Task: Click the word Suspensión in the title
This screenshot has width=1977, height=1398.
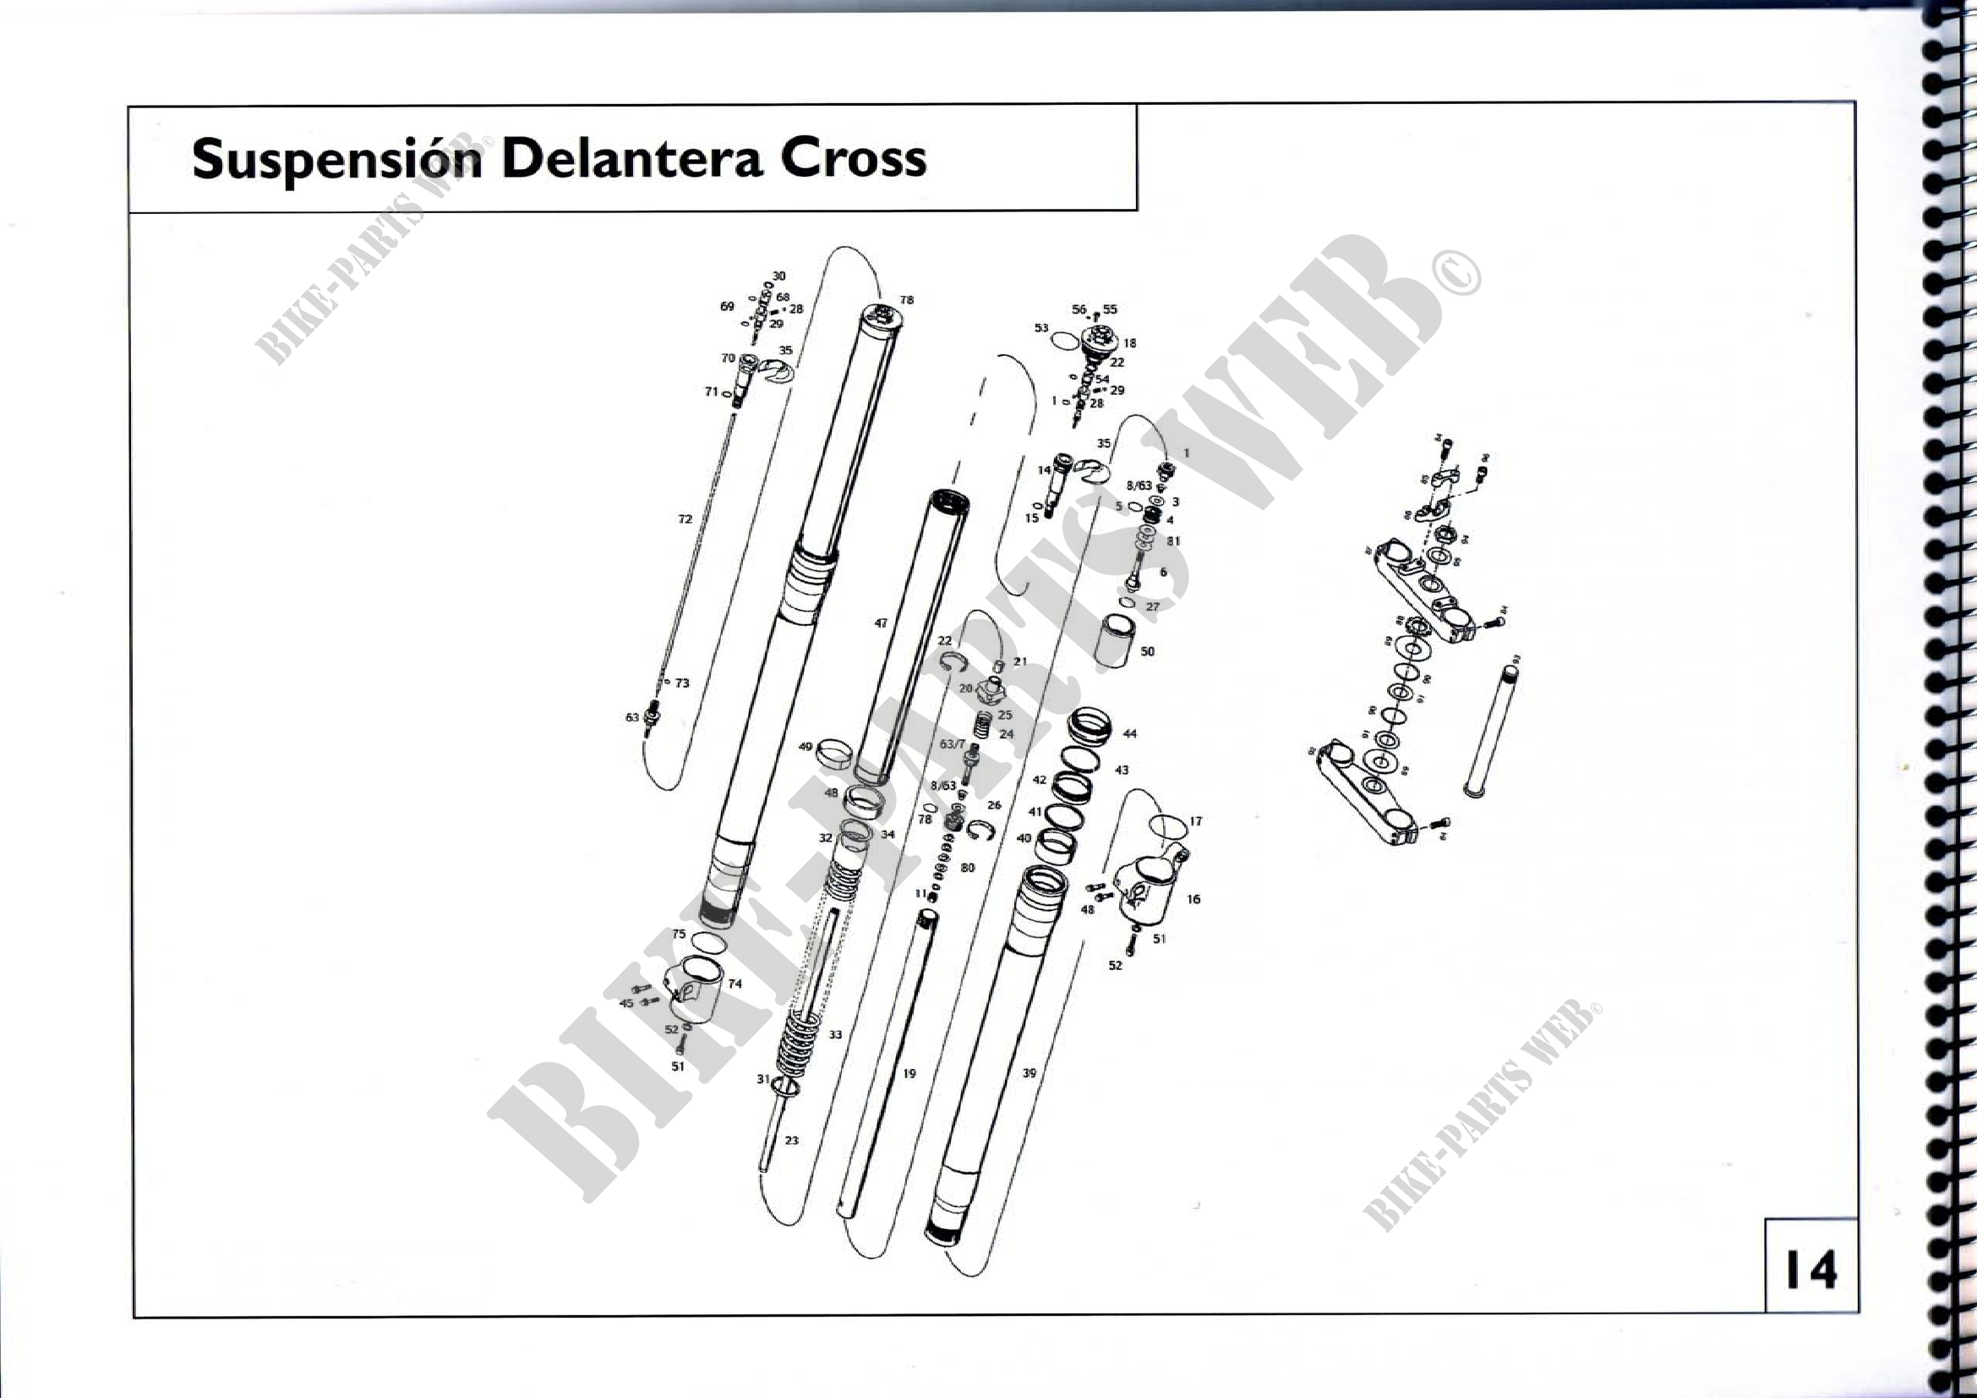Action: tap(336, 160)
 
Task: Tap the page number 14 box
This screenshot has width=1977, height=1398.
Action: tap(1810, 1269)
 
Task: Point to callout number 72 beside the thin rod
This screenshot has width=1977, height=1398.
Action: tap(685, 519)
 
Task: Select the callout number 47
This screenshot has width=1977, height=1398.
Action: tap(880, 622)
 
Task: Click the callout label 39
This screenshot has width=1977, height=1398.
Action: tap(1029, 1073)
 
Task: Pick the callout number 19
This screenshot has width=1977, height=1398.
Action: tap(909, 1074)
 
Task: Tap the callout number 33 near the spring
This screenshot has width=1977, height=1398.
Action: tap(835, 1034)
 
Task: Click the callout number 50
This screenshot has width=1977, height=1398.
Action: tap(1147, 651)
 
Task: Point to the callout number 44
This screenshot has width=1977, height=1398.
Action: tap(1130, 734)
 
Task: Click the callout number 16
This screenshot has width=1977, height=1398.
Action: tap(1193, 899)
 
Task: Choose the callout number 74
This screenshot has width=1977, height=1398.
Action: tap(735, 984)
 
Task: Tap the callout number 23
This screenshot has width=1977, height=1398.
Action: tap(791, 1140)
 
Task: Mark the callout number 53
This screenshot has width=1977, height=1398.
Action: tap(1041, 328)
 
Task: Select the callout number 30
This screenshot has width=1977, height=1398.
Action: tap(778, 277)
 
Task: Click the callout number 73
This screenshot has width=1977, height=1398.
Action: tap(682, 683)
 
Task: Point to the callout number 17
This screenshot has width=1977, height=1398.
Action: tap(1195, 822)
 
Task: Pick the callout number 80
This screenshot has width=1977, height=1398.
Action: tap(968, 868)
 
